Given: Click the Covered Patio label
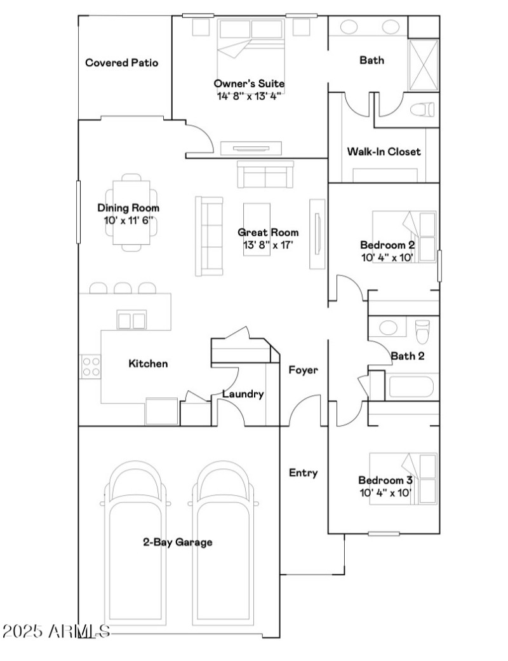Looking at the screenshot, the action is pos(122,63).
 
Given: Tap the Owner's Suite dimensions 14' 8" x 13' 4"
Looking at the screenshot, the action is pos(249,96).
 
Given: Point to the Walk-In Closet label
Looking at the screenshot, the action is pos(384,151).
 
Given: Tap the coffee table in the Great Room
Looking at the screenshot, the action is pos(257,229).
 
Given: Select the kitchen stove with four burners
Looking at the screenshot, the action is pos(90,366).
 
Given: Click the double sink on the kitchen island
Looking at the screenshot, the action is pos(131,320).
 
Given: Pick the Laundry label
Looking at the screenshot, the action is pos(243,393).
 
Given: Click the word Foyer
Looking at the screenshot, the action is pos(304,370).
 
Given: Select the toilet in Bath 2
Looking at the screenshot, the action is pos(422,331).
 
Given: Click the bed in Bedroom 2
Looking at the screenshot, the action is pos(404,236).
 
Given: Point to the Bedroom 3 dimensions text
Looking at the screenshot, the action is pos(385,493).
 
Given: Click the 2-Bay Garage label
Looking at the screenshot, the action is pos(177,542).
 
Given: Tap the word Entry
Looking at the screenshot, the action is pos(304,473).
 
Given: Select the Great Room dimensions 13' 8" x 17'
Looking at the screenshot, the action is pos(269,245).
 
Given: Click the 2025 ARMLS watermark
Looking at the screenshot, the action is pos(56,631).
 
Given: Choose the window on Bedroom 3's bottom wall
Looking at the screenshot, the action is pos(384,534).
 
